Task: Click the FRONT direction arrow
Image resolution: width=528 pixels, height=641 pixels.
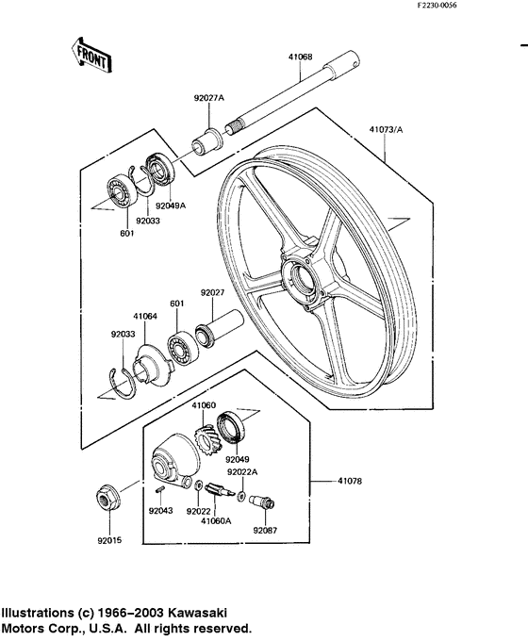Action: pyautogui.click(x=91, y=55)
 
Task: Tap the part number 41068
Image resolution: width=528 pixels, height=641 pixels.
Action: pyautogui.click(x=300, y=58)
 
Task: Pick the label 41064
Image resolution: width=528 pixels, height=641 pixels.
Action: pyautogui.click(x=145, y=317)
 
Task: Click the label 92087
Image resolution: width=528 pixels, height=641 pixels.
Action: pyautogui.click(x=265, y=530)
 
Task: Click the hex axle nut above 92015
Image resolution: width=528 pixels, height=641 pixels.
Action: pyautogui.click(x=107, y=499)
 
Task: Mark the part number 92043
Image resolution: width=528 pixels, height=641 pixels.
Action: pyautogui.click(x=161, y=511)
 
